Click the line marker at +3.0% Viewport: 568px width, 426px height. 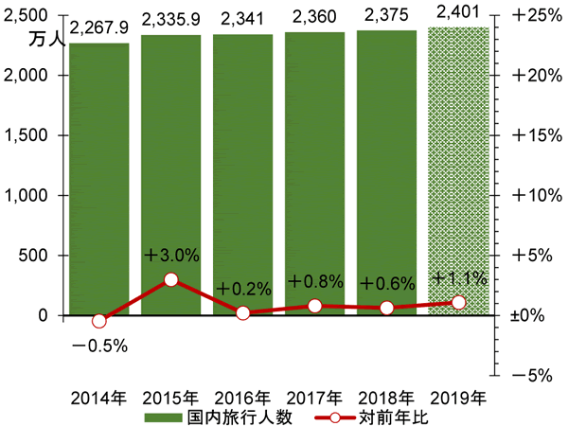(x=171, y=279)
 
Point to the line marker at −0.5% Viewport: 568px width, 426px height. (x=99, y=321)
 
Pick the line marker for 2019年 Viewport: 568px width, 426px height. (x=459, y=302)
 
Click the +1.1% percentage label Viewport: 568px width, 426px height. (x=459, y=278)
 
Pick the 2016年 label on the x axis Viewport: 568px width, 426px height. (x=243, y=398)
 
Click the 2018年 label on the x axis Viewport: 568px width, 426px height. (x=387, y=398)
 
